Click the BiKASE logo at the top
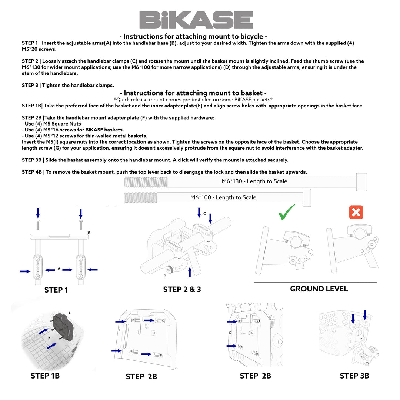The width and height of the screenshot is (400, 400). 196,20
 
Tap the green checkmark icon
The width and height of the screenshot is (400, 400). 286,213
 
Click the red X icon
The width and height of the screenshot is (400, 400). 356,213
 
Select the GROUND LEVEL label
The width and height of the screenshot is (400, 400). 319,289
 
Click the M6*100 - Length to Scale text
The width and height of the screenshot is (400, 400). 223,197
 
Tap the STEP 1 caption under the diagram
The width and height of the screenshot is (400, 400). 56,290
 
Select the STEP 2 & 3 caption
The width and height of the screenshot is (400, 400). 182,289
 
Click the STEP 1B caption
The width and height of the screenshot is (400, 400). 45,376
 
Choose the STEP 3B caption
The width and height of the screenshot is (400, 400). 354,376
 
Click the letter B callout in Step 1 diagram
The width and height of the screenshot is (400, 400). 89,233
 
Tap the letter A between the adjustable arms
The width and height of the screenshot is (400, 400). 59,269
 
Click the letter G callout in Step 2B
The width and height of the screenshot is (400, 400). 230,333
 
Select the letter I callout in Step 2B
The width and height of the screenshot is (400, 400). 120,329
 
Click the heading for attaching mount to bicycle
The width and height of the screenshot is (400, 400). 193,36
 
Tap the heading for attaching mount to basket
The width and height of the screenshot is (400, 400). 193,93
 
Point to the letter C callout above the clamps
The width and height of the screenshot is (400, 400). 204,214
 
